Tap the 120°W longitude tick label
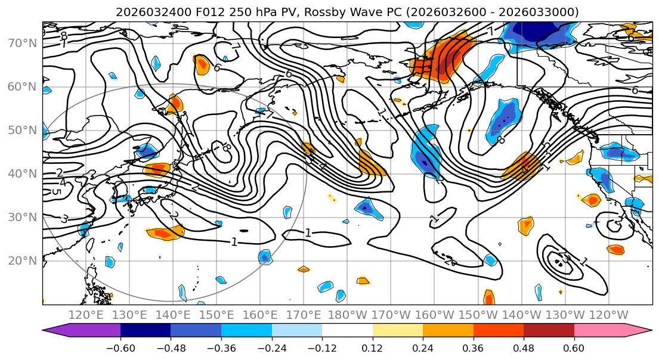click(609, 315)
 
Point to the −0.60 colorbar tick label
click(120, 347)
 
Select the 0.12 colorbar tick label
click(373, 347)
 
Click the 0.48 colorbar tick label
click(524, 347)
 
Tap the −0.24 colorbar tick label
click(271, 347)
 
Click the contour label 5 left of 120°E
click(55, 192)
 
